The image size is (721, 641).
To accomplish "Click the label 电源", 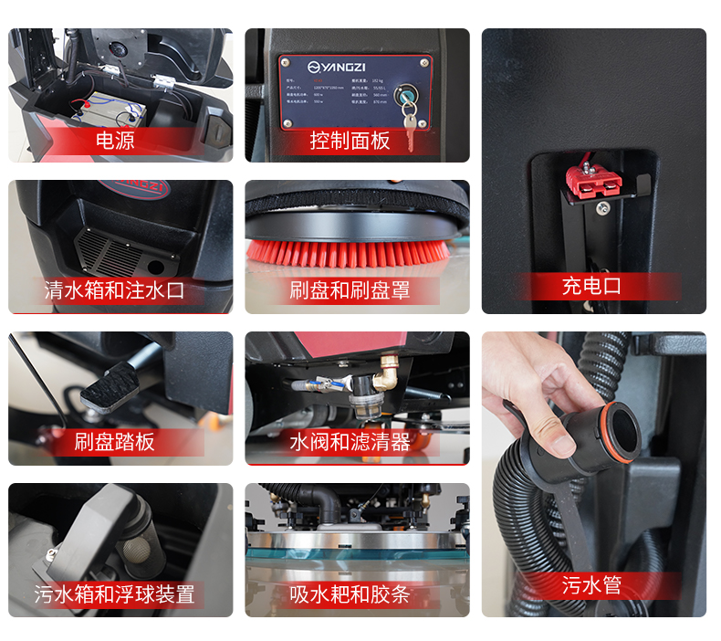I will coord(115,140).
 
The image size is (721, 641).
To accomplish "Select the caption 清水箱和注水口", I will coord(115,290).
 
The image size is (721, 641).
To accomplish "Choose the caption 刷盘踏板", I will coord(115,442).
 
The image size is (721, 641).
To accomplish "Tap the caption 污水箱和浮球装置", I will coord(115,594).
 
